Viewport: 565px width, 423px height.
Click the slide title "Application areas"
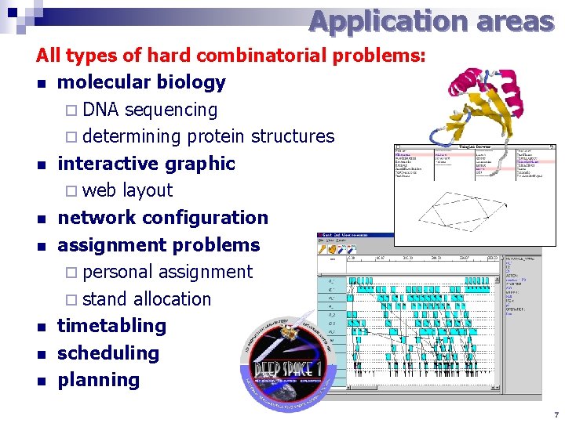pos(431,21)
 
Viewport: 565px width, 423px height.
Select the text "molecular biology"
pos(141,82)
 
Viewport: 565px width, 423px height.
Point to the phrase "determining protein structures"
pos(208,136)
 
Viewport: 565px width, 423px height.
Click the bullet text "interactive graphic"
pos(146,164)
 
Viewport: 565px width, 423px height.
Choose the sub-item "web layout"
pos(127,190)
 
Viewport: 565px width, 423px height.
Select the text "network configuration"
pos(162,218)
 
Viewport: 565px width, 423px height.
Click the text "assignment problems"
pos(159,245)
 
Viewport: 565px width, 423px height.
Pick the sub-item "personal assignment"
pos(167,272)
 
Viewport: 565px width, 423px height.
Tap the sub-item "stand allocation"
pos(146,299)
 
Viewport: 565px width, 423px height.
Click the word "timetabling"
pos(111,326)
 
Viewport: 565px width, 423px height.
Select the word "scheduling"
pos(108,353)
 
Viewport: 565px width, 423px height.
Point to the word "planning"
pos(98,380)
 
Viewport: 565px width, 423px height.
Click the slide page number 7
pos(556,414)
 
